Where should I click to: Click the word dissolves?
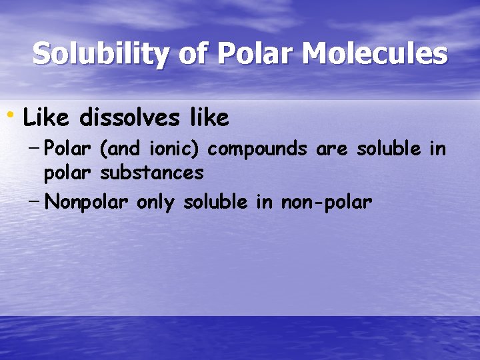tap(128, 119)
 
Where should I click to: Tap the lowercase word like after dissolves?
tap(209, 119)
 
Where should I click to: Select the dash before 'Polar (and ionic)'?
tap(35, 147)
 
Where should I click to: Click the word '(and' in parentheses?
tap(116, 149)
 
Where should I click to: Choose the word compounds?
tap(257, 149)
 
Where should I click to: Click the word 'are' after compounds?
tap(331, 149)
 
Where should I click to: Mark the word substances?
tap(152, 173)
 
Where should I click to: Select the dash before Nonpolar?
tap(35, 200)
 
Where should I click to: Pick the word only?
tap(155, 202)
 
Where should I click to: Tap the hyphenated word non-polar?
tap(325, 202)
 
